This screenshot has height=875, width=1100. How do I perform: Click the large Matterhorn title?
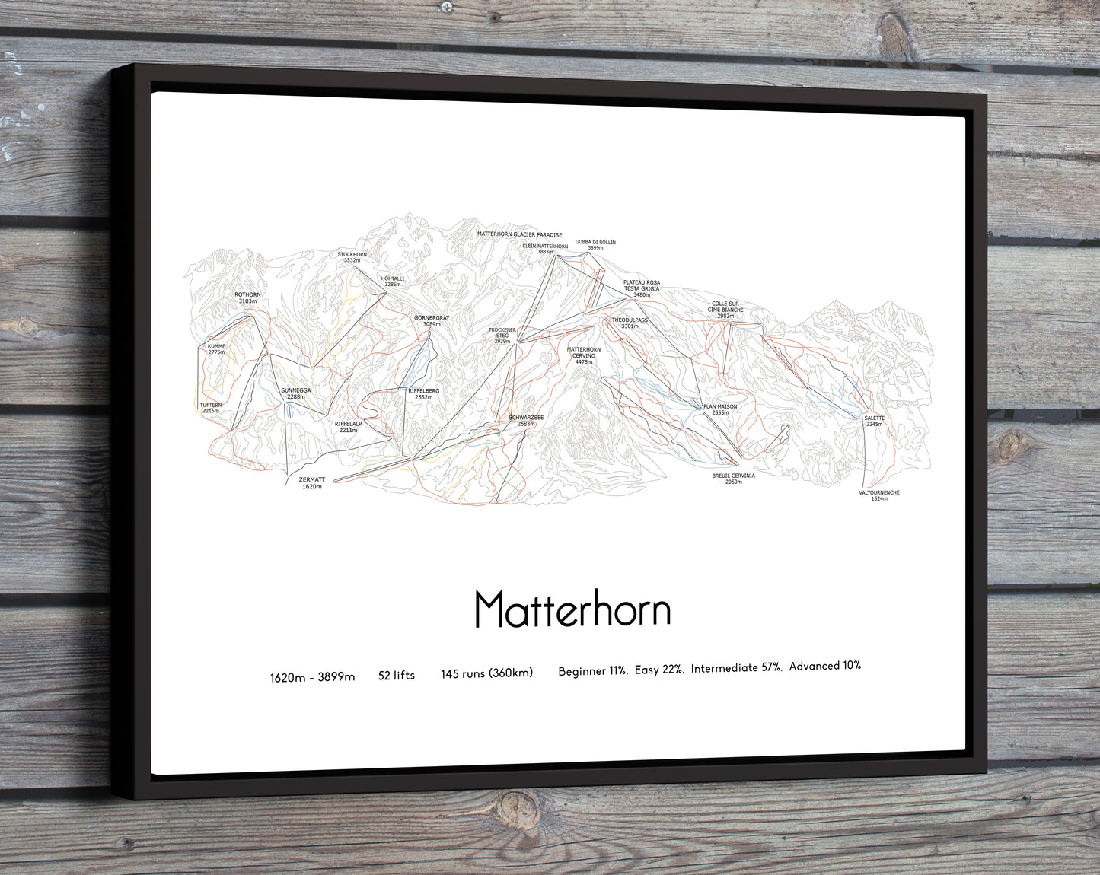pos(572,609)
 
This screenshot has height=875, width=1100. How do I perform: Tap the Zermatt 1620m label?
pos(312,483)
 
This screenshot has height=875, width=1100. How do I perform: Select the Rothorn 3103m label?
pos(247,298)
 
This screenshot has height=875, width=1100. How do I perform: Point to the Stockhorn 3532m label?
pos(352,257)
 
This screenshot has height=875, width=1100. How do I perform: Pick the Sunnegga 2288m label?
pos(295,393)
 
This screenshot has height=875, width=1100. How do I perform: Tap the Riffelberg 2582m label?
pos(423,394)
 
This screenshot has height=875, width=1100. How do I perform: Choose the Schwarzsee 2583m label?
pos(526,421)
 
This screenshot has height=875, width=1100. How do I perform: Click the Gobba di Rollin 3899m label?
pos(595,245)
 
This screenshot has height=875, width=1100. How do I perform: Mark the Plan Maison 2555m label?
pos(719,409)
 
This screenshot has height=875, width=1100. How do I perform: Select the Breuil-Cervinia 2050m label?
pos(733,479)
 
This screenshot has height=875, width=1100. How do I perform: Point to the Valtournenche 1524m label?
pos(879,495)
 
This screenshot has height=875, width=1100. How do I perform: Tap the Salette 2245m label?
pos(874,421)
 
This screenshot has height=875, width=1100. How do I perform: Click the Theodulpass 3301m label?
pos(630,323)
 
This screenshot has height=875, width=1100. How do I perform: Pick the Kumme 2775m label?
pos(216,349)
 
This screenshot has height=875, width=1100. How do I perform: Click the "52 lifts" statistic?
pos(397,675)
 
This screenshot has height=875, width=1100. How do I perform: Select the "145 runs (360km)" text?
pos(487,673)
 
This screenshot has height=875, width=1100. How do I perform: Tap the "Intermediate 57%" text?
pos(736,668)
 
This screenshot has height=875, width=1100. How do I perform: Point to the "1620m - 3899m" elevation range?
pos(312,677)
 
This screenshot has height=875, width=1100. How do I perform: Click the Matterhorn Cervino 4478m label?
pos(584,355)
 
